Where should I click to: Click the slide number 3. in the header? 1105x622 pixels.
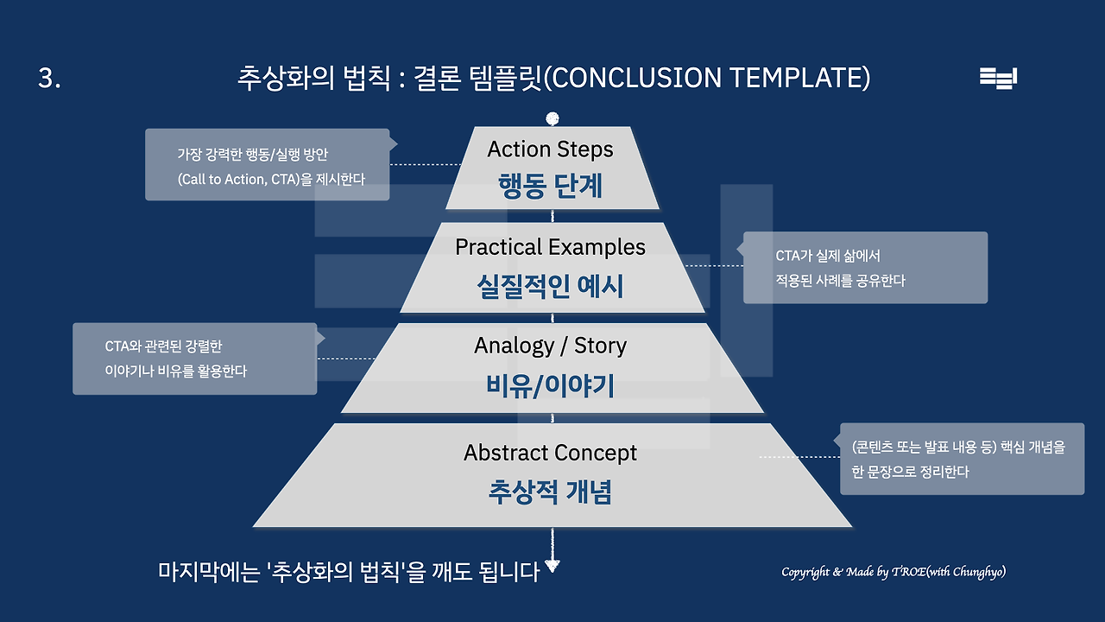(x=49, y=79)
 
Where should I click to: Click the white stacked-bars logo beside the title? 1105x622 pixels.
(x=999, y=78)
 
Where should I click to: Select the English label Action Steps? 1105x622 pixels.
(x=550, y=149)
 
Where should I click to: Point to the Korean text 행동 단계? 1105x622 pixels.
(x=551, y=187)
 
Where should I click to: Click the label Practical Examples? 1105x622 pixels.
(x=550, y=247)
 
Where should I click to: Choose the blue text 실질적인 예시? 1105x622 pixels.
(x=550, y=286)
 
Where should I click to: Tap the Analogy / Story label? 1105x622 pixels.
(x=550, y=346)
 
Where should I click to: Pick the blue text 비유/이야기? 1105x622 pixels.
(x=550, y=386)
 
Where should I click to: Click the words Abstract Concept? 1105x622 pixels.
(x=550, y=453)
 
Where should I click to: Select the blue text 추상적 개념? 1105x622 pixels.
(x=550, y=492)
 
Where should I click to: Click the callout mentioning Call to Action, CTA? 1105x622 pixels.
(x=267, y=164)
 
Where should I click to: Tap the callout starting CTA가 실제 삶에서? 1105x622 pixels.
(x=865, y=268)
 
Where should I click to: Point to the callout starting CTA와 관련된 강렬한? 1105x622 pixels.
(x=194, y=359)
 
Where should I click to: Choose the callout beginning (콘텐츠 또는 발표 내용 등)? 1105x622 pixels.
(x=962, y=459)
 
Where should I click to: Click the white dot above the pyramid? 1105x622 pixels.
(x=552, y=118)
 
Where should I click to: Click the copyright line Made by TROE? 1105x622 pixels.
(x=893, y=572)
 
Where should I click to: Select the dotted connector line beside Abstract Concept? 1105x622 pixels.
(x=799, y=457)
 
